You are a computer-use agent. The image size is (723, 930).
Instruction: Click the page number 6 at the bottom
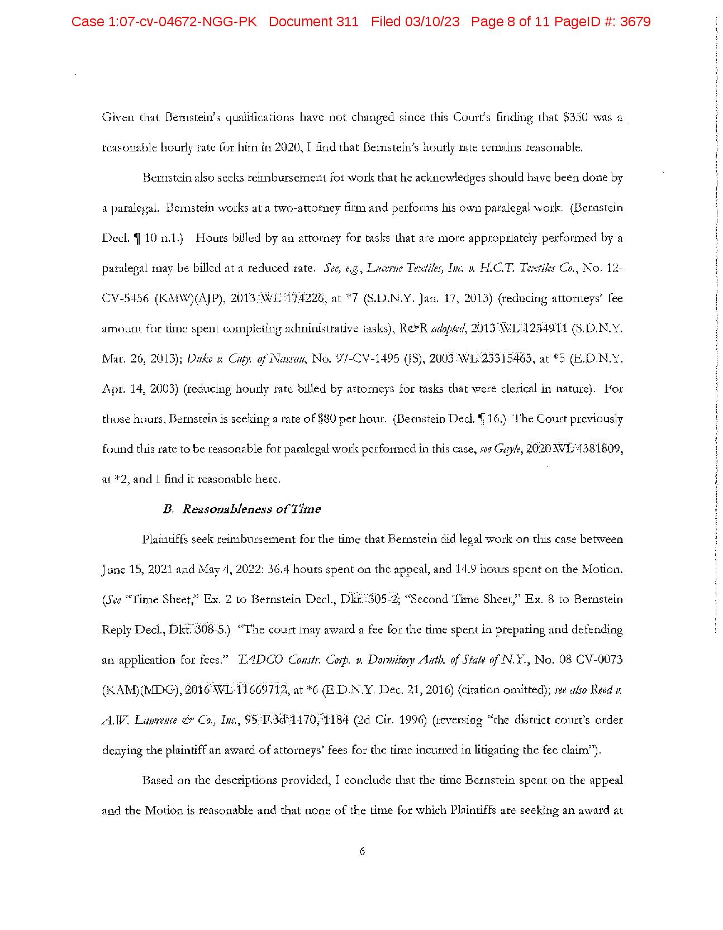362,851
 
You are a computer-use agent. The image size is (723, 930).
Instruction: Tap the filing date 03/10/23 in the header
434,22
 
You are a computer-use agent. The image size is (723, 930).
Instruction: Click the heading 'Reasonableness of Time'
251,509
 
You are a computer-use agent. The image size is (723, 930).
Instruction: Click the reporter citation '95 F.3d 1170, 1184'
297,720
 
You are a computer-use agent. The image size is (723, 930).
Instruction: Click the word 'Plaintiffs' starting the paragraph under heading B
165,540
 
